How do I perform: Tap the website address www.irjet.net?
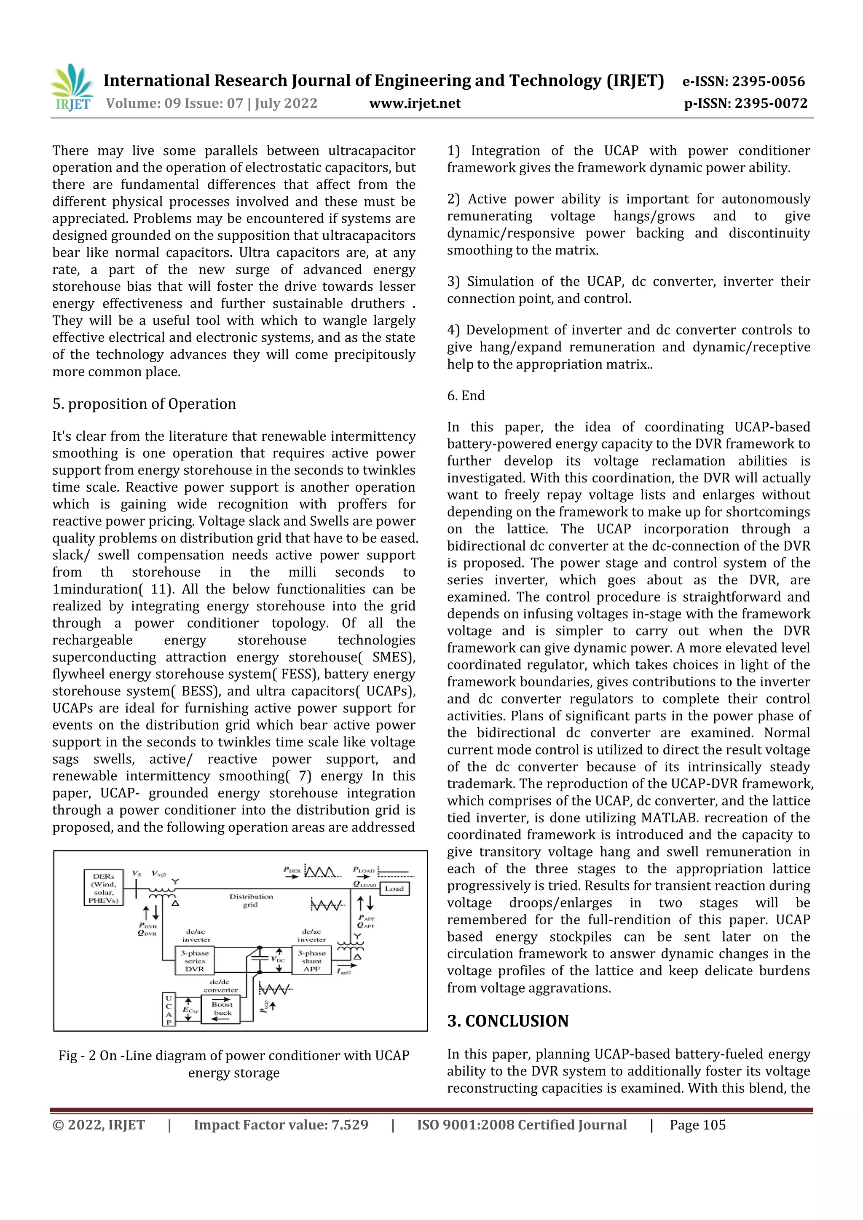415,104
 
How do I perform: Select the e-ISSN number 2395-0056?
769,81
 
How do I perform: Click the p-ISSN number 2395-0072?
771,104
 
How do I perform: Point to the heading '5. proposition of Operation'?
144,404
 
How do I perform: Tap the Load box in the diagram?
394,888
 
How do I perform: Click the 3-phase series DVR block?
195,960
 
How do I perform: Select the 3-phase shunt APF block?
311,960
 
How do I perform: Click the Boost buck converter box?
222,1009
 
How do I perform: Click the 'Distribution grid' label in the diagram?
251,900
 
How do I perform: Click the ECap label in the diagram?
190,1010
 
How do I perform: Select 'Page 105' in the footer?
697,1125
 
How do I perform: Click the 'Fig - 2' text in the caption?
77,1056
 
